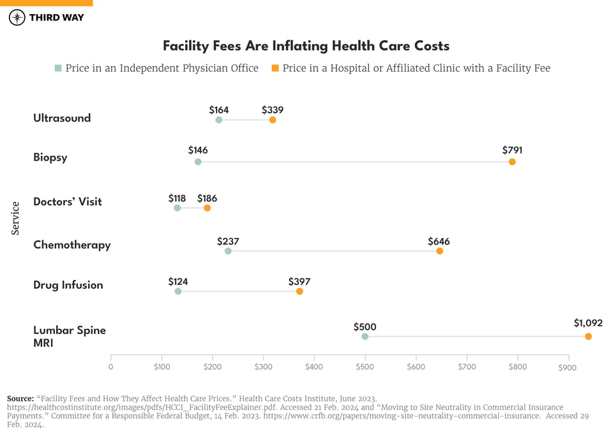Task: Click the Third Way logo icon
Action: [17, 17]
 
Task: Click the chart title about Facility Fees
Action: [306, 46]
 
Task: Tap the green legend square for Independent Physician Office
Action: [58, 68]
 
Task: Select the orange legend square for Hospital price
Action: [275, 68]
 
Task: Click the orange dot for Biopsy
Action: [512, 162]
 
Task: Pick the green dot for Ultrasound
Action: [219, 120]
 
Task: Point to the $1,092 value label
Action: [587, 323]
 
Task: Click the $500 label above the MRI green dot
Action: [365, 327]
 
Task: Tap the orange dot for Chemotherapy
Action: [439, 251]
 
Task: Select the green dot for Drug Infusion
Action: [178, 291]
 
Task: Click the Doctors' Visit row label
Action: [68, 202]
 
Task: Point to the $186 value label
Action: [207, 199]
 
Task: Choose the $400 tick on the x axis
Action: [314, 367]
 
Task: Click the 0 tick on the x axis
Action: [111, 367]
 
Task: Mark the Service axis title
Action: [16, 218]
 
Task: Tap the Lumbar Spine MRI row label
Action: [69, 337]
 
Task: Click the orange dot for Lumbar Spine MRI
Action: [588, 337]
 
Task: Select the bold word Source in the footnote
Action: [20, 399]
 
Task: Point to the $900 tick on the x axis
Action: [567, 368]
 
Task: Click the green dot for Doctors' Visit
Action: [178, 208]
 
